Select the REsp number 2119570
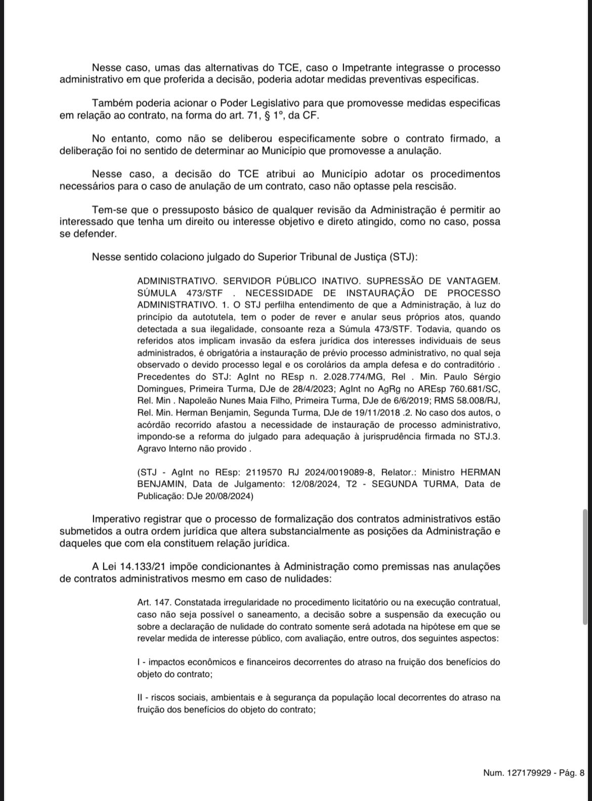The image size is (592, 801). click(265, 472)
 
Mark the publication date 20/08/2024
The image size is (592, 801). click(228, 496)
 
